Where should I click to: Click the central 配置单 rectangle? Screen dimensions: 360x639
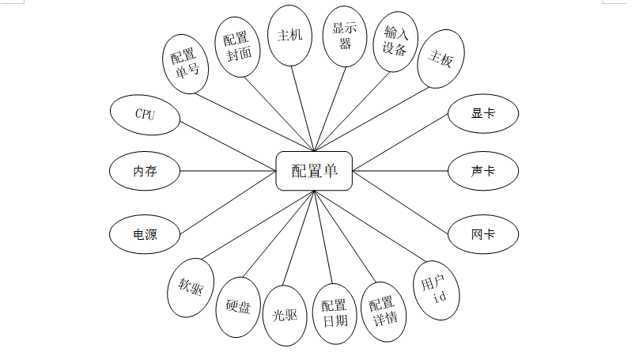tap(314, 171)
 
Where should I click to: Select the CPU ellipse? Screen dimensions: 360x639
tap(145, 115)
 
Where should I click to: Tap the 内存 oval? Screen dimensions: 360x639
tap(145, 171)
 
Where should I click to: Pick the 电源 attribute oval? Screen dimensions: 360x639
tap(145, 234)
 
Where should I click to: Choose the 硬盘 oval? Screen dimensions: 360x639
tap(238, 307)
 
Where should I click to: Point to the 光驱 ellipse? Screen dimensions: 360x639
tap(285, 315)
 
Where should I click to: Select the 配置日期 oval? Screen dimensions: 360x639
tap(335, 315)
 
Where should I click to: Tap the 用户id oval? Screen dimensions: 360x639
tap(436, 290)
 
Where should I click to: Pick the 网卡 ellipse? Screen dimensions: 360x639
tap(483, 234)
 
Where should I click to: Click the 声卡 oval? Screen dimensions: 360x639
tap(483, 171)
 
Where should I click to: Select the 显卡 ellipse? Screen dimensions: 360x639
tap(483, 114)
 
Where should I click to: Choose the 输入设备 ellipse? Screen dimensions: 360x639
tap(395, 41)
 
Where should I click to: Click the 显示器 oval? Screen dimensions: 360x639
tap(346, 36)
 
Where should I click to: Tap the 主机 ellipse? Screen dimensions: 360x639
tap(290, 36)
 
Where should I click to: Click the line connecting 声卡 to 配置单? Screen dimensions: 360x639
tap(400, 171)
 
